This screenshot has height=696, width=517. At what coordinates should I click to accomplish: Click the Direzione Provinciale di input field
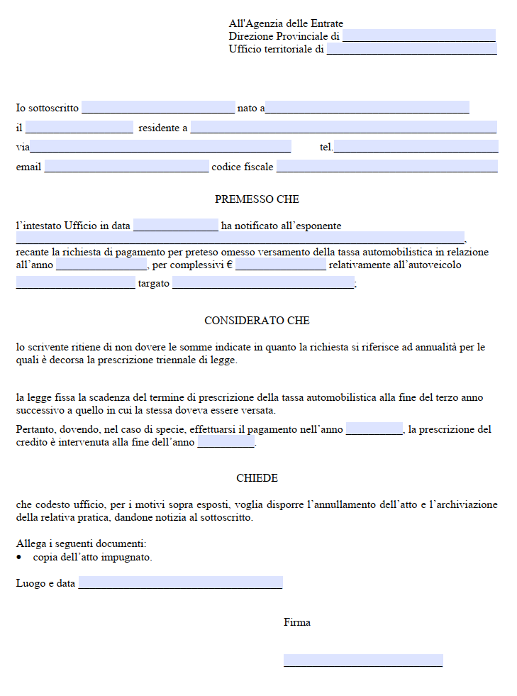point(418,35)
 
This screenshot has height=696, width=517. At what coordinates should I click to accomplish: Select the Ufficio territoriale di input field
point(411,49)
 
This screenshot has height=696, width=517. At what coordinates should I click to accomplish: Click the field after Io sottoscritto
point(158,108)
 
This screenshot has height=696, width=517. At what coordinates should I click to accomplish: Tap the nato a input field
point(367,108)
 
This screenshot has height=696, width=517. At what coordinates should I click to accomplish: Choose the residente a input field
point(343,128)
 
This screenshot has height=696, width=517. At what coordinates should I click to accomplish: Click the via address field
point(160,147)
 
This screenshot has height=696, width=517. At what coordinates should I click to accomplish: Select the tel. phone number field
point(416,147)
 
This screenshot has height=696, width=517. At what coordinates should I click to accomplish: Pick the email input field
point(126,167)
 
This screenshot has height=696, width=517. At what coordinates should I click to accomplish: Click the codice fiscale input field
point(387,167)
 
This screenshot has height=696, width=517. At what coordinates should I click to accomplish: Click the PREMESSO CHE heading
point(257,199)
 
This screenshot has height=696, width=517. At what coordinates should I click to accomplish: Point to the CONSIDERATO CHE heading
point(257,321)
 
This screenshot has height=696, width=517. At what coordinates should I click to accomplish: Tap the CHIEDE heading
point(257,478)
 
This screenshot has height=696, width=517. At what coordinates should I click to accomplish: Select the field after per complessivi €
point(281,265)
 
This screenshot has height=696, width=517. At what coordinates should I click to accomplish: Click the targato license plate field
point(262,283)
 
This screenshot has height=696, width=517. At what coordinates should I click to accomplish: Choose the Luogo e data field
point(180,583)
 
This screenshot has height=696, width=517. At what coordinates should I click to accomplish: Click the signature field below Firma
point(363,661)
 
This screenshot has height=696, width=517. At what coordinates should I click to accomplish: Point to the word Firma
point(297,622)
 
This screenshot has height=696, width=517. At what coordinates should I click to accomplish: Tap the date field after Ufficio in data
point(176,226)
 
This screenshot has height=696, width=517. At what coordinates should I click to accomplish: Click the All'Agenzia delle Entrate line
point(286,24)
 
